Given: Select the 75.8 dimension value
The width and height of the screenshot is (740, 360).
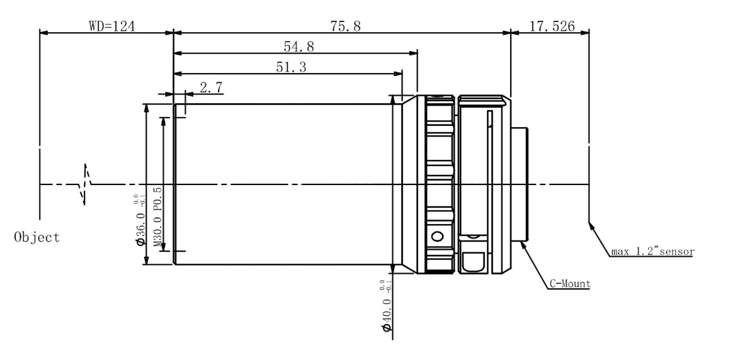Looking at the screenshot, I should pyautogui.click(x=341, y=26).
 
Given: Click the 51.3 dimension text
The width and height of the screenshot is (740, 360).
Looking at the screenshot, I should pyautogui.click(x=291, y=68).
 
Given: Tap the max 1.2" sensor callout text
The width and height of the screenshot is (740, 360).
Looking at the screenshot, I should pyautogui.click(x=652, y=252).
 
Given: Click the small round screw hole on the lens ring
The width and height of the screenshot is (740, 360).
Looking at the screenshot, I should pyautogui.click(x=437, y=237).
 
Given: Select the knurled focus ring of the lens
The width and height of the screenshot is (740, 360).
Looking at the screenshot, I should pyautogui.click(x=439, y=184).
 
